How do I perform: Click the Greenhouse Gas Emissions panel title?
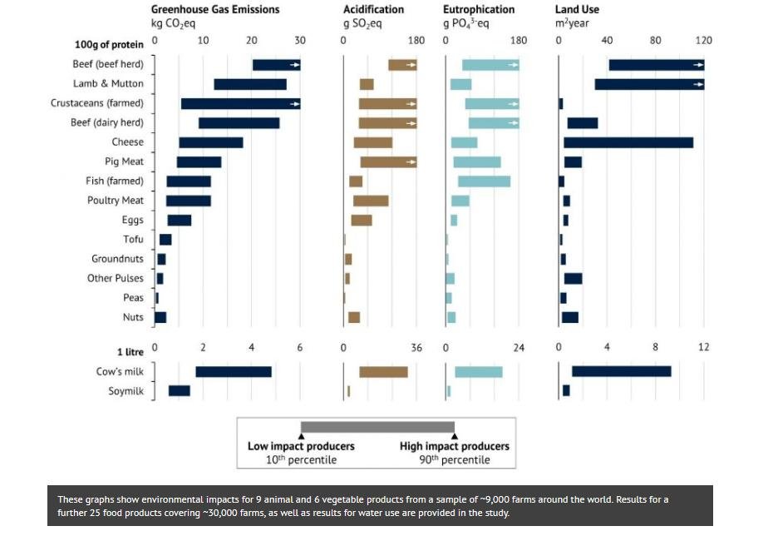214,9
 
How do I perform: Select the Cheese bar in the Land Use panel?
628,142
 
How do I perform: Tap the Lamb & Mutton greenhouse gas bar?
250,84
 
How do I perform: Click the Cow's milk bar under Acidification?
383,372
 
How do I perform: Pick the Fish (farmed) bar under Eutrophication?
484,181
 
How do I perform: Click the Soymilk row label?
126,391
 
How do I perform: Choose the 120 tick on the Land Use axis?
704,40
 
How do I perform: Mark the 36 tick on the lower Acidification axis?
416,347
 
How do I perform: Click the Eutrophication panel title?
479,9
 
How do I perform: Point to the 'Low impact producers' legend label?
301,446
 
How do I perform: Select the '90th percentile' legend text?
454,460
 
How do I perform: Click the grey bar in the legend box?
377,427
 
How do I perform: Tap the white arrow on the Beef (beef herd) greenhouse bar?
294,65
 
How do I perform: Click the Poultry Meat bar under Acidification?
371,201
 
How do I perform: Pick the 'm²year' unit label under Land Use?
572,23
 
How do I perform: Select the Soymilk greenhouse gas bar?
179,391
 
